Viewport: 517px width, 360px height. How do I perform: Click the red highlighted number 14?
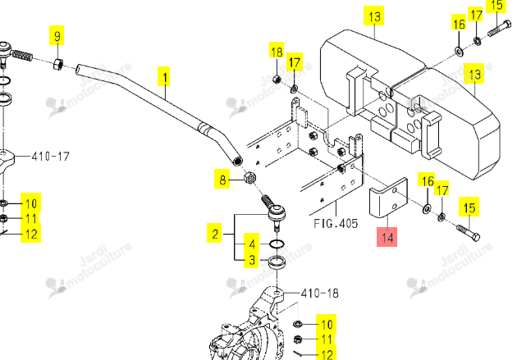387,237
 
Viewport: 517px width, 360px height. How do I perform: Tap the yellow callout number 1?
164,76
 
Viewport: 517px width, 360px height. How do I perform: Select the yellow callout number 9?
57,35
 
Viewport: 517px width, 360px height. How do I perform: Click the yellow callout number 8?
222,179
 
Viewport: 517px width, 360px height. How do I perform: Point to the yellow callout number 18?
277,52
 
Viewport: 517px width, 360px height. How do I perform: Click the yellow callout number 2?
215,233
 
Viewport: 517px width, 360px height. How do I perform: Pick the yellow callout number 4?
252,243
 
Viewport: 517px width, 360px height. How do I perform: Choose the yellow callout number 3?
252,259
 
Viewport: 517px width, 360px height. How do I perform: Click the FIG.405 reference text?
336,224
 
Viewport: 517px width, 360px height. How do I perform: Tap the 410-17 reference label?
50,156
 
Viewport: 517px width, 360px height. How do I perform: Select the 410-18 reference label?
319,293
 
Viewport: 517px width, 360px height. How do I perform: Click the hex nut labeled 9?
58,64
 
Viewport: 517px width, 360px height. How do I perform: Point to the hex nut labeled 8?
250,178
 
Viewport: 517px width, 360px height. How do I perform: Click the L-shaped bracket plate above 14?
389,198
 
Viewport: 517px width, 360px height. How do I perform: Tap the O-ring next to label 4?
277,244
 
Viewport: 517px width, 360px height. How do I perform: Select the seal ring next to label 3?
277,262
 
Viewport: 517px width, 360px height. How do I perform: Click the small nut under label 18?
277,79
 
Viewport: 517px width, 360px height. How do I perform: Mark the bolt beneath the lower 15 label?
469,233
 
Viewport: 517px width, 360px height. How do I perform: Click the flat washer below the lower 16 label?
427,208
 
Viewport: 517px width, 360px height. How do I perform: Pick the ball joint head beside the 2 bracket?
277,212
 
